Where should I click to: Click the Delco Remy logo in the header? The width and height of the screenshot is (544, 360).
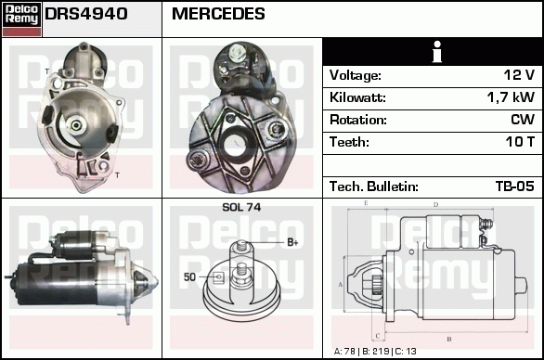[x=21, y=18]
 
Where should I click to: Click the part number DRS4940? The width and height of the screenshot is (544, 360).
[x=86, y=15]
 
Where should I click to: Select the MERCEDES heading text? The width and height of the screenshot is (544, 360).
[x=219, y=15]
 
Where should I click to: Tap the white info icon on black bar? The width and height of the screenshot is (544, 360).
[x=432, y=52]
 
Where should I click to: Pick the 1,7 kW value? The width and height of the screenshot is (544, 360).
[x=512, y=97]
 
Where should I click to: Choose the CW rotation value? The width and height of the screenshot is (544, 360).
[x=523, y=120]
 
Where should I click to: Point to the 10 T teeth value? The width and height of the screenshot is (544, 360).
[x=519, y=142]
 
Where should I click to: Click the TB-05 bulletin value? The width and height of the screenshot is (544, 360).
[x=514, y=186]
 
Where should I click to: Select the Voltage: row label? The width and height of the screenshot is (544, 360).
[x=356, y=75]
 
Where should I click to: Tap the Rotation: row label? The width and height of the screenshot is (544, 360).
[x=358, y=120]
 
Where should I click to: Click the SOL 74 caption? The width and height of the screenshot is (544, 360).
[x=241, y=207]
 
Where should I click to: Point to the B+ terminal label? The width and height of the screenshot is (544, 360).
[x=291, y=242]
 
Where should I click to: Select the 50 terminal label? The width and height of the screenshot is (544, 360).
[x=189, y=276]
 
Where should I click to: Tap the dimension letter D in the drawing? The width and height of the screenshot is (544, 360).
[x=435, y=204]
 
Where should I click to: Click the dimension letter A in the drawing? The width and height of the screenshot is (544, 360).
[x=341, y=284]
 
